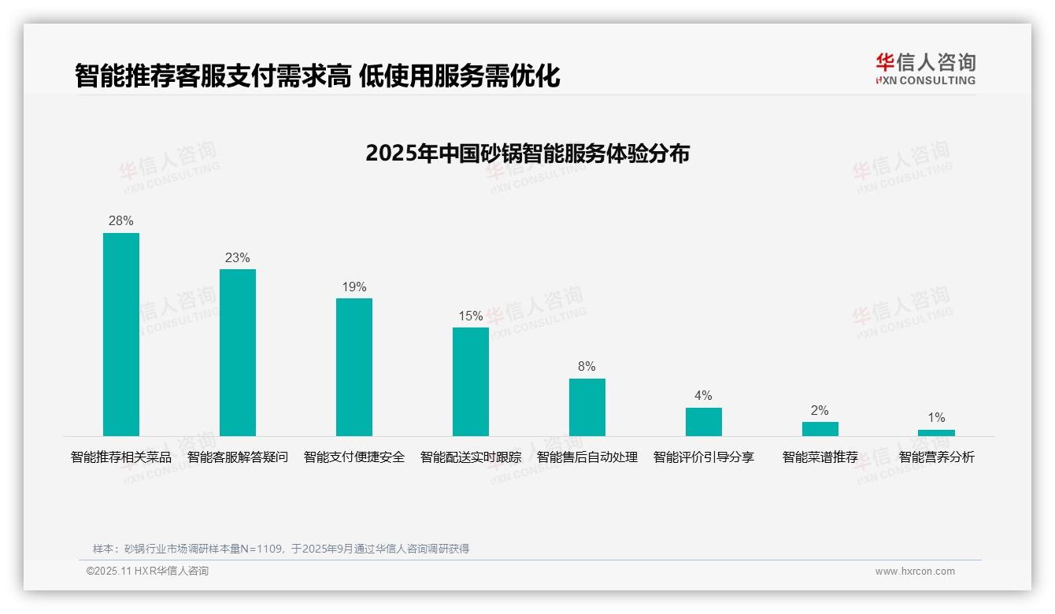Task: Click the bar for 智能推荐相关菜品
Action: tap(121, 335)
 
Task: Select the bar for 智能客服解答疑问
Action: tap(238, 353)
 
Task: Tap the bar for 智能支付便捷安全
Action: tap(354, 367)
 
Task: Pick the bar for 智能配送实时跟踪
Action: tap(471, 382)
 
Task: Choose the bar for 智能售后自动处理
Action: tap(587, 407)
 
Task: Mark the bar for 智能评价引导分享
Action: tap(704, 422)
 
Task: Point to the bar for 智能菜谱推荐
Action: tap(820, 429)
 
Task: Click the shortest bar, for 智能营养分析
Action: tap(936, 433)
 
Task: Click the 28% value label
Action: tap(121, 221)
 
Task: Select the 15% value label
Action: tap(471, 316)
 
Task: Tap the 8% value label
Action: tap(587, 367)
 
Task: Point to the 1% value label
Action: tap(936, 418)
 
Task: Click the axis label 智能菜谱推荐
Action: tap(820, 457)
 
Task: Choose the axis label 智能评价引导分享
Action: tap(704, 457)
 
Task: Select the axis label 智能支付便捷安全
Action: tap(354, 457)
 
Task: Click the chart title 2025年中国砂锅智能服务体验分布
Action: tap(527, 153)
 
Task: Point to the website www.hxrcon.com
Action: tap(915, 571)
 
